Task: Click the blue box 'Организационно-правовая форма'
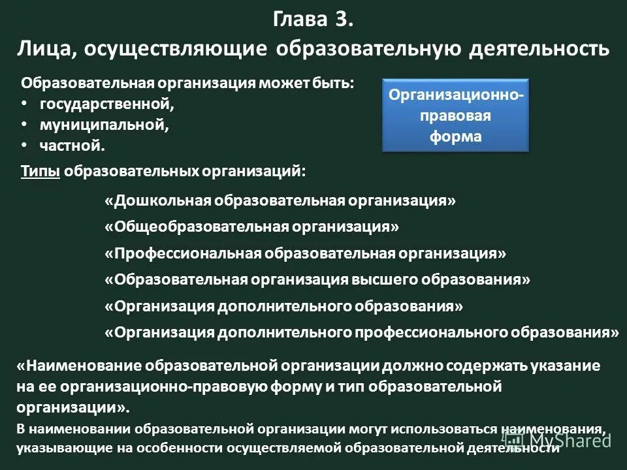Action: pos(455,116)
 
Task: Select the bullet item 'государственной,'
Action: pos(107,104)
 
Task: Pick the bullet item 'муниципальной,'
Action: pos(104,125)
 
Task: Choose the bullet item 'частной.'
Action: pos(72,146)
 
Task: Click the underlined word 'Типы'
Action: pos(40,171)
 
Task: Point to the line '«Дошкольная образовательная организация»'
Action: pos(280,200)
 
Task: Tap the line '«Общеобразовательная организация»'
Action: pos(251,227)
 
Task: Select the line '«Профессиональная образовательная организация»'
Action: pos(305,253)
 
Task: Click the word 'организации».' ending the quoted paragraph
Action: pos(73,407)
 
